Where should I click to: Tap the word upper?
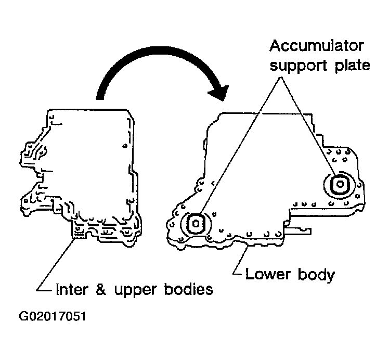[x=130, y=290]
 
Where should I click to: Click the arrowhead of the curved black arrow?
[x=218, y=94]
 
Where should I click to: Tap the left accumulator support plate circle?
[x=194, y=224]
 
